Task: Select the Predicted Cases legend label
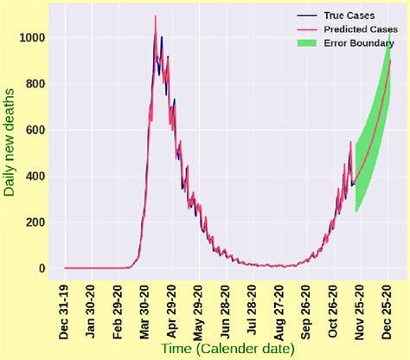click(356, 30)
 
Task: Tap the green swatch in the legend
click(304, 44)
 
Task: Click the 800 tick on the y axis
click(35, 85)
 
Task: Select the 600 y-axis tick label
click(35, 131)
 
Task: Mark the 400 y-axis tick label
click(35, 177)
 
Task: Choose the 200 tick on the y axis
click(35, 222)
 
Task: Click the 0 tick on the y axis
click(41, 268)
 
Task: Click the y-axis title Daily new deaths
click(12, 143)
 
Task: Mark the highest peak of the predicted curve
click(156, 16)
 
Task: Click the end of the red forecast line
click(391, 61)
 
